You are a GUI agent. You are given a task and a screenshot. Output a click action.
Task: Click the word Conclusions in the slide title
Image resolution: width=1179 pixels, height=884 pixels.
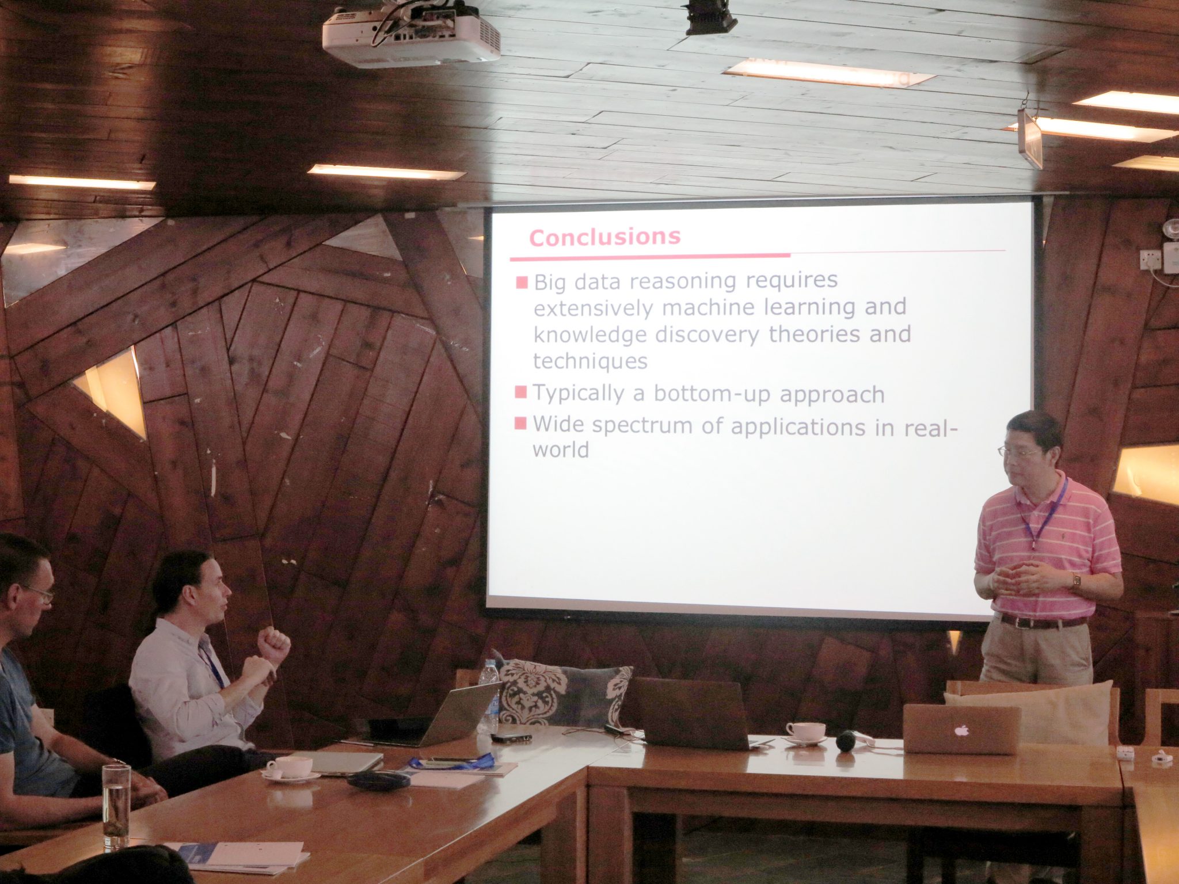click(604, 237)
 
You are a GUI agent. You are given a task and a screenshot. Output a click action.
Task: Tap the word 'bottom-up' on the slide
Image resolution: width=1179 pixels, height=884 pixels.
click(712, 394)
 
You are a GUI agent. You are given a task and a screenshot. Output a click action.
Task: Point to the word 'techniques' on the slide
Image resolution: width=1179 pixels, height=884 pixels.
click(590, 361)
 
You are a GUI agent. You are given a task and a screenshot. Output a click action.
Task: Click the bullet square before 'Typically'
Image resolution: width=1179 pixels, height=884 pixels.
click(521, 392)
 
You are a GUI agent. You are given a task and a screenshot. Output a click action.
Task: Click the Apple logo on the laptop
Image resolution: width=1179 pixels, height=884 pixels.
click(960, 730)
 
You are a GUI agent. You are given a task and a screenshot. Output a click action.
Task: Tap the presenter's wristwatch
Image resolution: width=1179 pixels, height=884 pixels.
click(1076, 580)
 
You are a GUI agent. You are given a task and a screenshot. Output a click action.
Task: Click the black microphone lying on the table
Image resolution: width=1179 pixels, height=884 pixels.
click(846, 740)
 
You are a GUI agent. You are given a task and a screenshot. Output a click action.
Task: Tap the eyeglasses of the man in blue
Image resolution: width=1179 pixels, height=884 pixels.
click(38, 593)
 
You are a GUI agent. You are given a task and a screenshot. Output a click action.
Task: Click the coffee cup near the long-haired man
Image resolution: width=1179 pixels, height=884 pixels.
click(290, 768)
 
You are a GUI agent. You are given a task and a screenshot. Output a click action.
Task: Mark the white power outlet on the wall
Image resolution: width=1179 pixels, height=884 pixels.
click(1150, 260)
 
